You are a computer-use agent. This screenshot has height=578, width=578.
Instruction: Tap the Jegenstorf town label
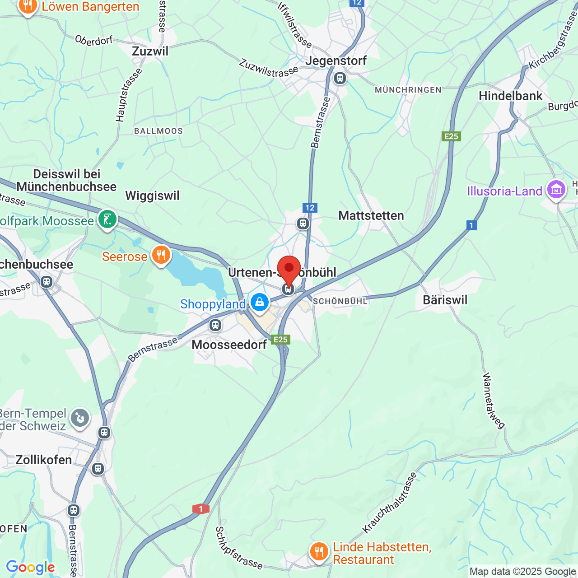pos(336,61)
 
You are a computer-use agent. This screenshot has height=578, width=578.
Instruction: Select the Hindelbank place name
pos(510,96)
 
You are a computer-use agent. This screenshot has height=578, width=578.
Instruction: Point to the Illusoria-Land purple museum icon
pos(556,190)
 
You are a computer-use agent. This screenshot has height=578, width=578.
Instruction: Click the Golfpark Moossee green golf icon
pos(107,219)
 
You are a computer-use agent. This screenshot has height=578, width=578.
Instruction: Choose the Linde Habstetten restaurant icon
pos(319,551)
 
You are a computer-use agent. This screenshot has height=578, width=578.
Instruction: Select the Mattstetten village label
pos(371,215)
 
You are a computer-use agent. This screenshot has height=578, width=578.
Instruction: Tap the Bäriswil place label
pos(445,300)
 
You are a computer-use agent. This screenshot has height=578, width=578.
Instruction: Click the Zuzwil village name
pos(150,51)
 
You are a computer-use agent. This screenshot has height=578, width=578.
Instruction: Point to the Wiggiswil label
pos(152,196)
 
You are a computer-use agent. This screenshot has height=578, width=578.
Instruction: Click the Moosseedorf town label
pos(229,345)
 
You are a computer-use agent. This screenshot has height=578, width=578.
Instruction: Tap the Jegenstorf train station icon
pos(340,78)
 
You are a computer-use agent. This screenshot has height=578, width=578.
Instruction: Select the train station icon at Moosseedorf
pos(215,325)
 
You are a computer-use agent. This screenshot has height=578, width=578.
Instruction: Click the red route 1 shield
pos(200,509)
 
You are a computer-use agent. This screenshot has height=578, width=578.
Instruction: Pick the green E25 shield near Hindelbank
pos(451,136)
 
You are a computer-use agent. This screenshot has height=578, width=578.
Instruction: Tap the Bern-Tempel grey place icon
pos(80,418)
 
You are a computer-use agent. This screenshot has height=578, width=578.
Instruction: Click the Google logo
pos(30,567)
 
